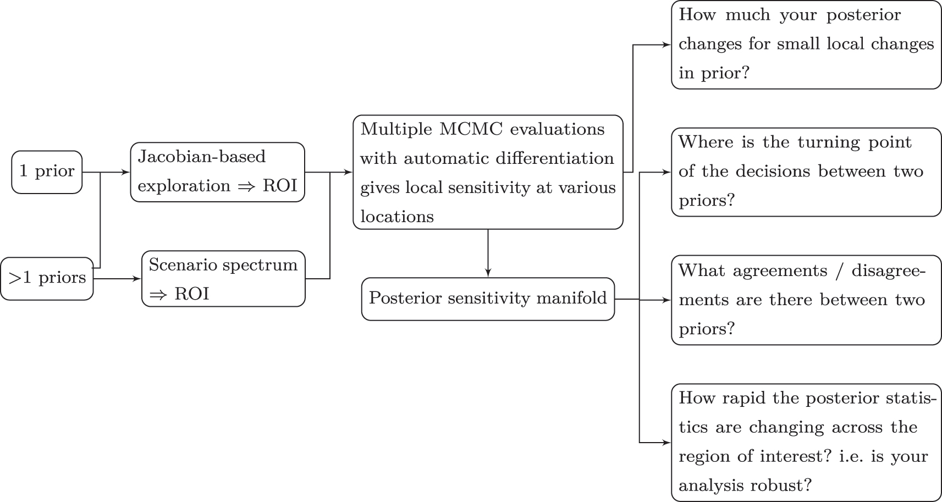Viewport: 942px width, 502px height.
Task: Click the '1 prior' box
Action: (47, 172)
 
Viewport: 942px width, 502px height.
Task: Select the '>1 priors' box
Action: (47, 279)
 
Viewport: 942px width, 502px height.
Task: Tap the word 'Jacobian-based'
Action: (201, 157)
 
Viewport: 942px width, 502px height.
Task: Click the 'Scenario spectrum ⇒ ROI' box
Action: (223, 279)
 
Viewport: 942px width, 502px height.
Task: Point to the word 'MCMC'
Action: (472, 129)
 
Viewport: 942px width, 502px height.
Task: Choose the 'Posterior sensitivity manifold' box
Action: (488, 299)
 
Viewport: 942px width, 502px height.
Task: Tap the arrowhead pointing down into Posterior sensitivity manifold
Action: (488, 273)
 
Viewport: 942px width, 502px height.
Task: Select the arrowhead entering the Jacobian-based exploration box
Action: (126, 172)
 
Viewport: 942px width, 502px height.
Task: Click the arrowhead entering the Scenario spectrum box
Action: (137, 279)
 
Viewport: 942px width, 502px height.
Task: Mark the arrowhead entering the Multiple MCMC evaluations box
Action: (349, 172)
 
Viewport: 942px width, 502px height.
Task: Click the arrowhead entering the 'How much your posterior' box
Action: (667, 45)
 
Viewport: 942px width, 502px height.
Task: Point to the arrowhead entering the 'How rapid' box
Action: (667, 442)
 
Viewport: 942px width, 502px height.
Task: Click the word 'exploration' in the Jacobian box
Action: (184, 186)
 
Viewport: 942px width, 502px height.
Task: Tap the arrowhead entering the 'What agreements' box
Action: (667, 300)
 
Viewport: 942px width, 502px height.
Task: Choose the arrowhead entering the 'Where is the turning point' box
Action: (667, 172)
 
